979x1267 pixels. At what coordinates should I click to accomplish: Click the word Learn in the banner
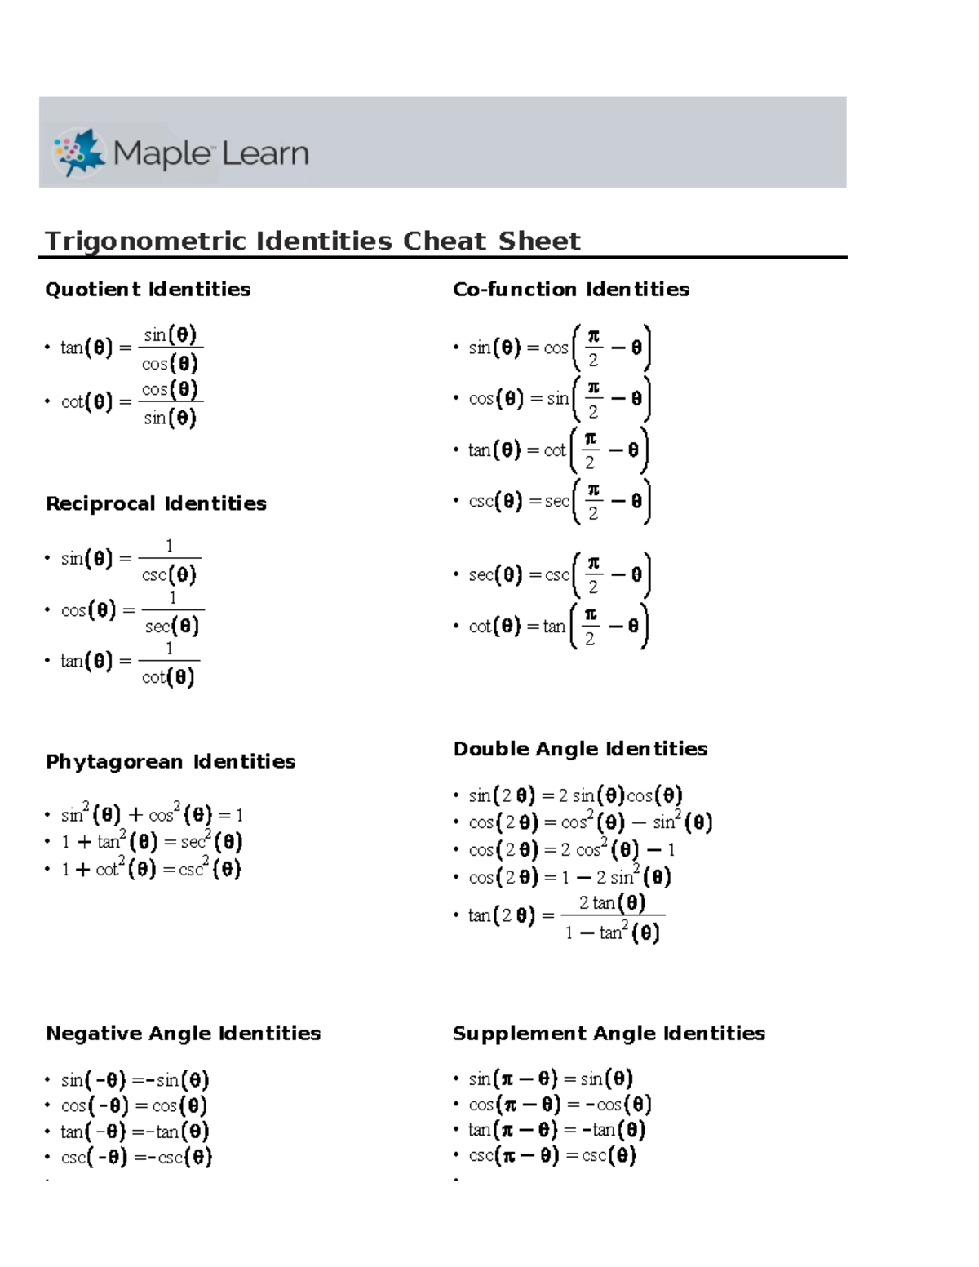pyautogui.click(x=265, y=153)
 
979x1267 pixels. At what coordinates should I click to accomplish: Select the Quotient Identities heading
pyautogui.click(x=148, y=290)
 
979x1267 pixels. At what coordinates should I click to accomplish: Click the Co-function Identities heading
pyautogui.click(x=570, y=290)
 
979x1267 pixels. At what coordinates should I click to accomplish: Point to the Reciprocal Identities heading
pyautogui.click(x=156, y=504)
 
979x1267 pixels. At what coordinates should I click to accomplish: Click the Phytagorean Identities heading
pyautogui.click(x=171, y=762)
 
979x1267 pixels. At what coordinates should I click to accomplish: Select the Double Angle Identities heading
pyautogui.click(x=580, y=749)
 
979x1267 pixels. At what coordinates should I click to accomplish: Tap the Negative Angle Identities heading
pyautogui.click(x=183, y=1034)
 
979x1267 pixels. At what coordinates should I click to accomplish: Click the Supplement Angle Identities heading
pyautogui.click(x=609, y=1034)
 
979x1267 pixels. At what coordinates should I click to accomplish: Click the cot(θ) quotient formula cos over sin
pyautogui.click(x=131, y=402)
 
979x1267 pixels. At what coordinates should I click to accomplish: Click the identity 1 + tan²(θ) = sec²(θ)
pyautogui.click(x=152, y=842)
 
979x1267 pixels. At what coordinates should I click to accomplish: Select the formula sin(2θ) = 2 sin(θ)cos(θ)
pyautogui.click(x=575, y=795)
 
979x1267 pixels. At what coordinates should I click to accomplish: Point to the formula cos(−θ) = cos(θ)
pyautogui.click(x=135, y=1106)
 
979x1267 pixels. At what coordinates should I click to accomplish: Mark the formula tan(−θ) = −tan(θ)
pyautogui.click(x=135, y=1132)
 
